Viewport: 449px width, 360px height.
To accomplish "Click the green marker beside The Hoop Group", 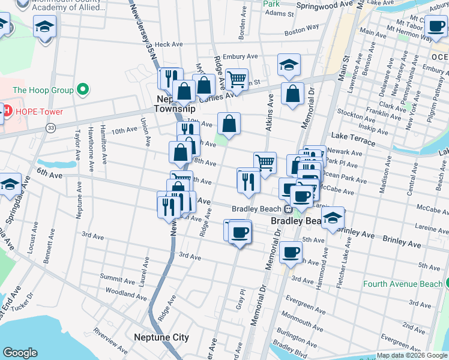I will [x=83, y=91].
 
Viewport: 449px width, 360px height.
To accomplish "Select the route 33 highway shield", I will [x=50, y=128].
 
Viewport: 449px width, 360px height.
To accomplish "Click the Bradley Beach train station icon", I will [x=288, y=209].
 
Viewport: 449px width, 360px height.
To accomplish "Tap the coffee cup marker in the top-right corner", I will [x=435, y=27].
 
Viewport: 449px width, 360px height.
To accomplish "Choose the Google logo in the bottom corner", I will [x=20, y=353].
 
